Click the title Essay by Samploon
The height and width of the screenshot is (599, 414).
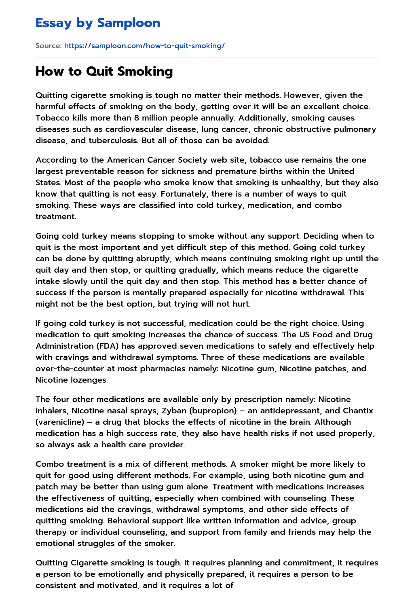point(98,23)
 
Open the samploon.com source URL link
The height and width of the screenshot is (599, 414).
point(144,46)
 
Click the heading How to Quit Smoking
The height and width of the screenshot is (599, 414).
point(104,71)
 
